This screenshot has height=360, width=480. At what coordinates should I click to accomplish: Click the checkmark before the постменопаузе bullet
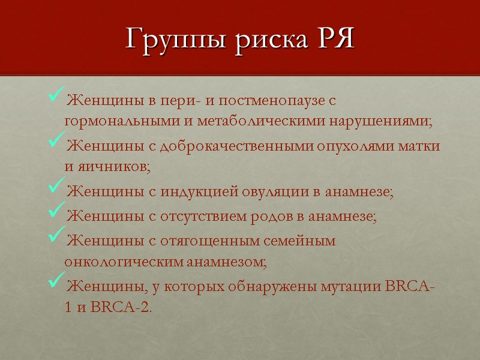coord(55,95)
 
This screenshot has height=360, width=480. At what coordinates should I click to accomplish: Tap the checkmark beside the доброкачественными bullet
coord(55,143)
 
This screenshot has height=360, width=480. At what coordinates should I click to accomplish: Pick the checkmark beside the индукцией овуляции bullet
coord(55,190)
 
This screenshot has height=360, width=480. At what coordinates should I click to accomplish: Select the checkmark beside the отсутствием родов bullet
coord(55,214)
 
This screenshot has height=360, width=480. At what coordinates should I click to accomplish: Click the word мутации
coord(343,285)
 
